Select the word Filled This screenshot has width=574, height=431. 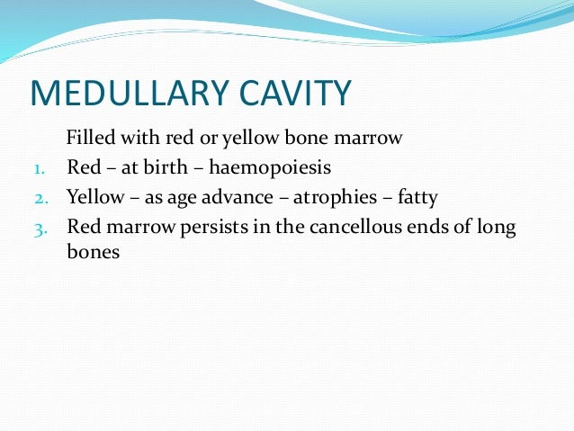point(87,139)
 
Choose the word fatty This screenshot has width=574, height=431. point(417,196)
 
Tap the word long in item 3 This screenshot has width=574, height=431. point(498,226)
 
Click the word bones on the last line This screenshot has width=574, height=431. point(93,253)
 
